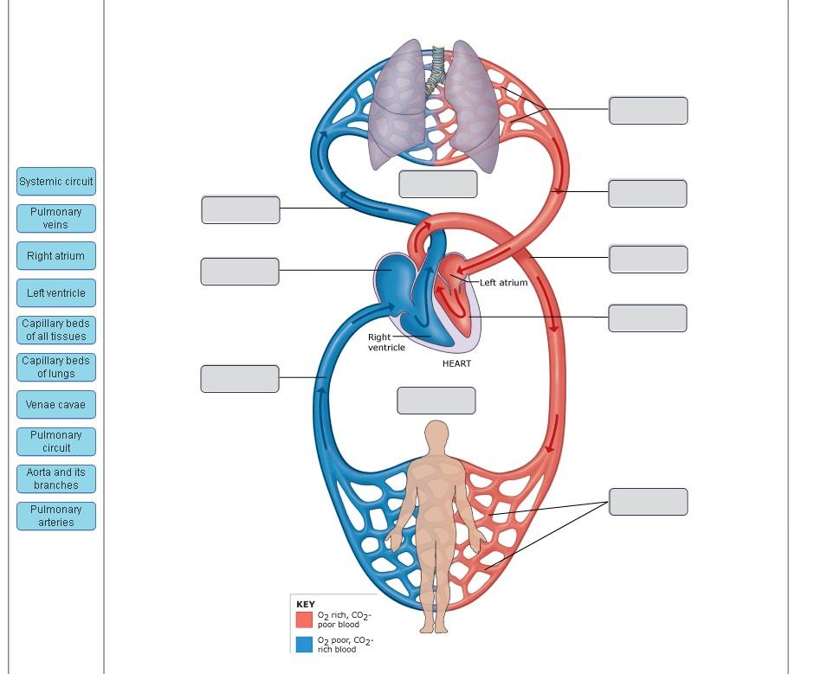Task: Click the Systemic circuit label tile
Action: pyautogui.click(x=56, y=182)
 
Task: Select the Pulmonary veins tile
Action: pyautogui.click(x=56, y=218)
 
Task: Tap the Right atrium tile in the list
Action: pyautogui.click(x=56, y=256)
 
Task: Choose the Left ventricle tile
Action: pyautogui.click(x=56, y=293)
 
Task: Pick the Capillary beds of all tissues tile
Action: pyautogui.click(x=56, y=330)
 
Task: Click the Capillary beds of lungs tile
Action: pyautogui.click(x=56, y=367)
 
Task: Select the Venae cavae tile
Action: pyautogui.click(x=56, y=404)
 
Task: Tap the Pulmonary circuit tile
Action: pyautogui.click(x=56, y=441)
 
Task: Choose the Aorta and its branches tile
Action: pyautogui.click(x=56, y=478)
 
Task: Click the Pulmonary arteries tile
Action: pyautogui.click(x=56, y=516)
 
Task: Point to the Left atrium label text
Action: pyautogui.click(x=503, y=283)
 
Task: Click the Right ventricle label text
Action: pyautogui.click(x=386, y=342)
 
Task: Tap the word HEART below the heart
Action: pyautogui.click(x=456, y=363)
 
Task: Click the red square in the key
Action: pyautogui.click(x=304, y=619)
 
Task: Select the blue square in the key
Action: pyautogui.click(x=304, y=645)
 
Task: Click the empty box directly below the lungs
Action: pyautogui.click(x=437, y=184)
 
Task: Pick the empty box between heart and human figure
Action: pyautogui.click(x=436, y=401)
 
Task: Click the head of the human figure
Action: pyautogui.click(x=438, y=435)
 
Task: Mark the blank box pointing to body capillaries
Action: pyautogui.click(x=648, y=502)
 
